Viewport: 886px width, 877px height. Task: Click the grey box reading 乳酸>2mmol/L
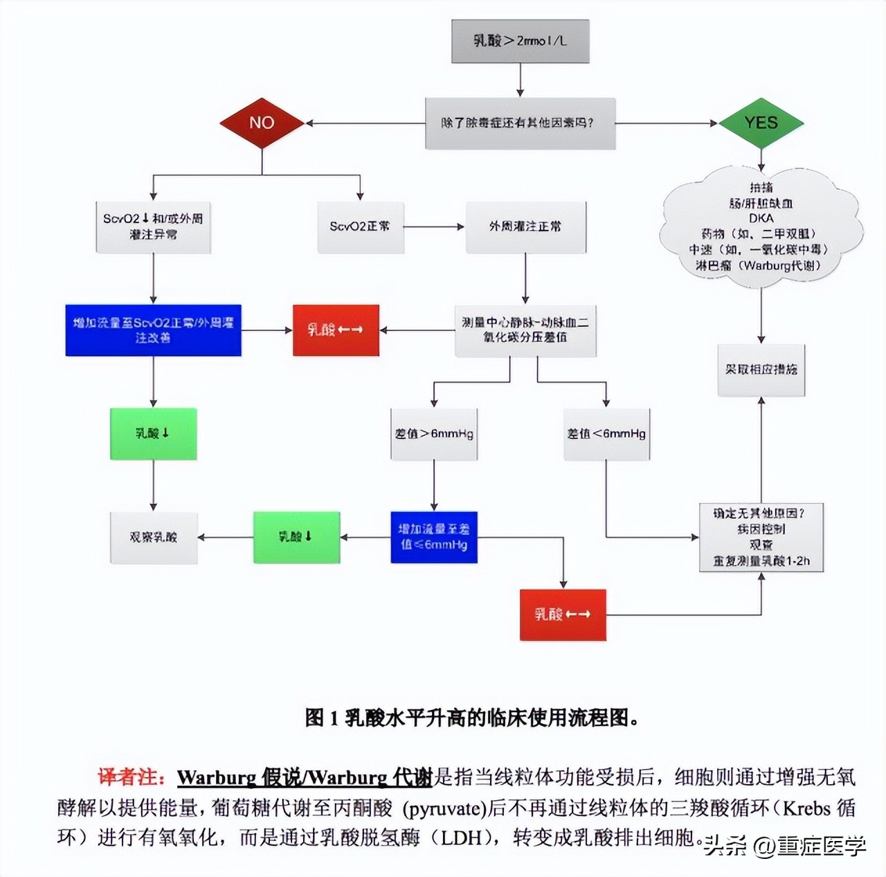pos(520,41)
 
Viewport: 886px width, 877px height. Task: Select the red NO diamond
pos(262,123)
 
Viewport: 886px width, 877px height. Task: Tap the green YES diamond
pos(761,123)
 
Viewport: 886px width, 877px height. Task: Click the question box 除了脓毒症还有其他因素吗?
pos(520,123)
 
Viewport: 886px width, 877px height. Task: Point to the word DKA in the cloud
pos(761,218)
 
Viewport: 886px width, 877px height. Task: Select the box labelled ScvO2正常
pos(360,227)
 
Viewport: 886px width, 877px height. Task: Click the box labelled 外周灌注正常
pos(525,227)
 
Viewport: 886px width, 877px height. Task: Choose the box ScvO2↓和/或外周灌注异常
pos(153,227)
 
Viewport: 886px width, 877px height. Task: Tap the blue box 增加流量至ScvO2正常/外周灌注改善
pos(153,330)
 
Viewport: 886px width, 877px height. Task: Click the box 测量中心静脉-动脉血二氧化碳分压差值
pos(525,330)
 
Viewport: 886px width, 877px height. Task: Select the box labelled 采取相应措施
pos(761,370)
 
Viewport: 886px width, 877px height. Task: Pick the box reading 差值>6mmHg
pos(434,434)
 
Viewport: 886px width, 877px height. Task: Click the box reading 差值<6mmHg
pos(606,434)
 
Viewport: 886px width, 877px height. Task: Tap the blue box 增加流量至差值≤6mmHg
pos(434,537)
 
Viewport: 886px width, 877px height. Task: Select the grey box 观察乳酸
pos(154,538)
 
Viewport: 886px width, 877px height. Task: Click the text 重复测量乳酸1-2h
pos(761,561)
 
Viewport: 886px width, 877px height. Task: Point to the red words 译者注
pos(129,777)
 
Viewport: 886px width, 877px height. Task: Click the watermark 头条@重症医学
pos(785,846)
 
